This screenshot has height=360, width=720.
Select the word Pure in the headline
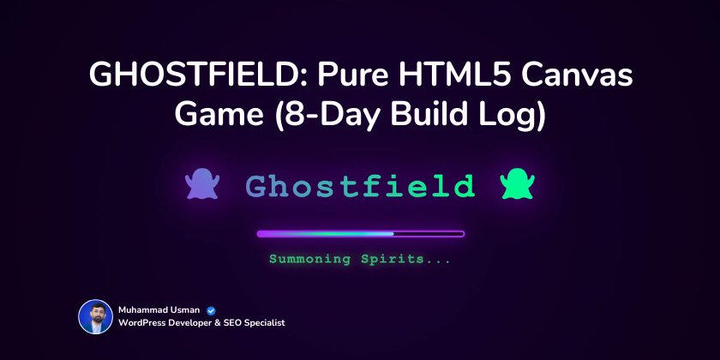tap(351, 77)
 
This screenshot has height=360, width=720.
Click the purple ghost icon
tap(202, 184)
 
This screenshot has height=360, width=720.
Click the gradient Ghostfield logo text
tap(360, 185)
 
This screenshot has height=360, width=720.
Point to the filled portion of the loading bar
tap(326, 233)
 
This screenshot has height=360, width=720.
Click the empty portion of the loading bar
tap(429, 233)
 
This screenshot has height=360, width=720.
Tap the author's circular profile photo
tap(95, 316)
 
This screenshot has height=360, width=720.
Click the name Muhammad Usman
tap(159, 310)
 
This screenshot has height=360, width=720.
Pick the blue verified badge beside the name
tap(210, 310)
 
